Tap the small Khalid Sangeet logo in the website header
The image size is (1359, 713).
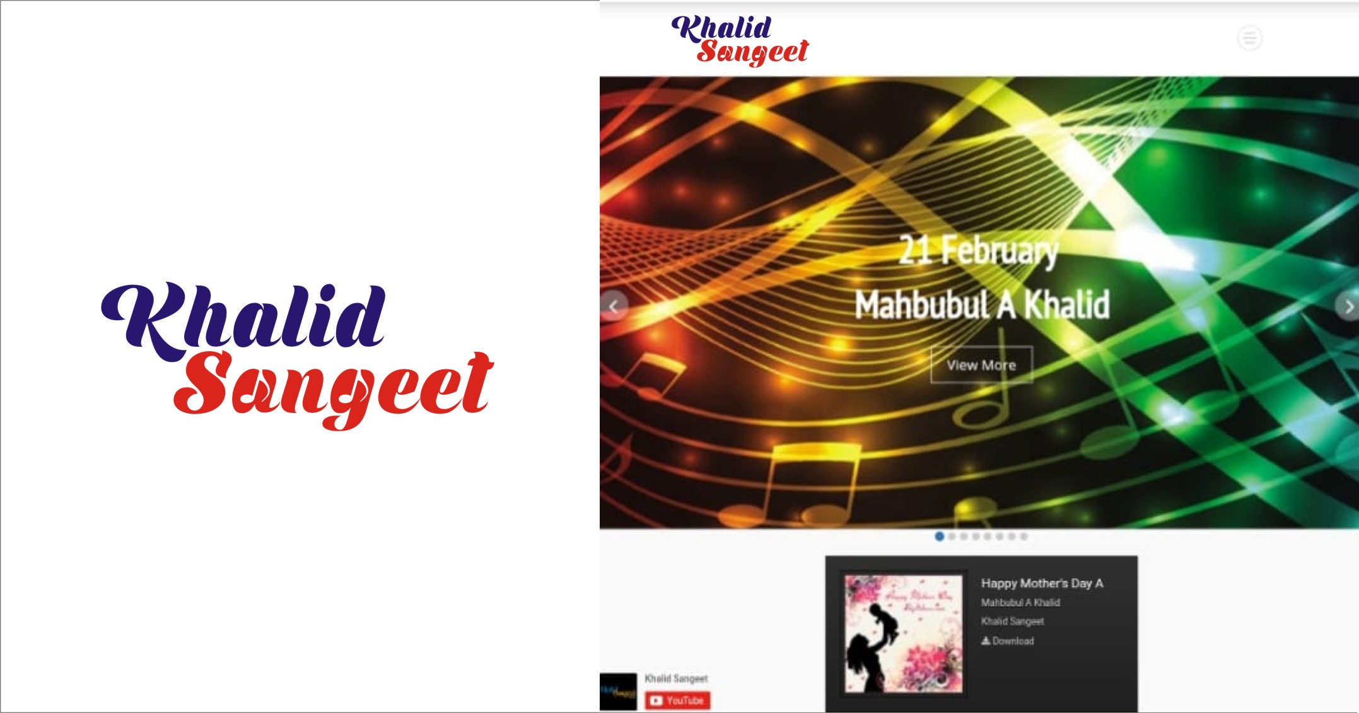(x=740, y=40)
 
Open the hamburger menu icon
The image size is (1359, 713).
(x=1249, y=38)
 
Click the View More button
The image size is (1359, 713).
(x=981, y=365)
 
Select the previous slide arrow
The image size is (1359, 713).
(x=614, y=306)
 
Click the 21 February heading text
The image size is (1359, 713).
(x=978, y=250)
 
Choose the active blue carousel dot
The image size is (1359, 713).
(x=940, y=536)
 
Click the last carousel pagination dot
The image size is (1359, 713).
(x=1024, y=536)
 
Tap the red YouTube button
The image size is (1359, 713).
(x=677, y=700)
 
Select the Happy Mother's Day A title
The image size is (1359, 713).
(x=1042, y=583)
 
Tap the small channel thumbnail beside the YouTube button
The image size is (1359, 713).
(x=618, y=692)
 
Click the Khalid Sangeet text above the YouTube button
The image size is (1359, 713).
(x=676, y=678)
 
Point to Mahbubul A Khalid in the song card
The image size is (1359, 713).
(x=1020, y=603)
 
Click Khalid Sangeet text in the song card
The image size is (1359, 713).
(x=1012, y=622)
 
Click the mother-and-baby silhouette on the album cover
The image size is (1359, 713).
(x=873, y=643)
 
